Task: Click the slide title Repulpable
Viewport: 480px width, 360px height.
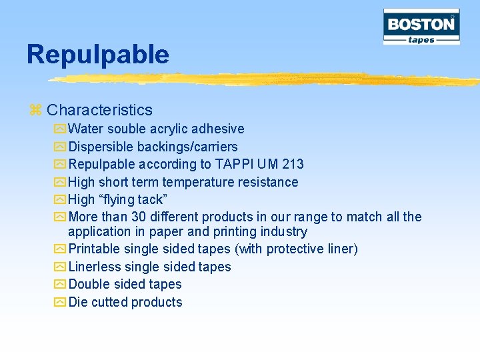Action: (98, 55)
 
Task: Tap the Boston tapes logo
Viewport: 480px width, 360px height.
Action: (421, 27)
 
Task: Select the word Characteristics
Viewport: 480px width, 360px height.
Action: (99, 110)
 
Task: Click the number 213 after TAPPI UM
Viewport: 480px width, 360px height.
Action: (293, 164)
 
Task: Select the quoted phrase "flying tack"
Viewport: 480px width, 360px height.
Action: (141, 199)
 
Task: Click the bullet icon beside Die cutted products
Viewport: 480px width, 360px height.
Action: (59, 302)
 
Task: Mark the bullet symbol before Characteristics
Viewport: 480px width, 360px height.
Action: (36, 111)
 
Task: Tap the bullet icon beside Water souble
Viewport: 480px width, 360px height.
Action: (59, 129)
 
